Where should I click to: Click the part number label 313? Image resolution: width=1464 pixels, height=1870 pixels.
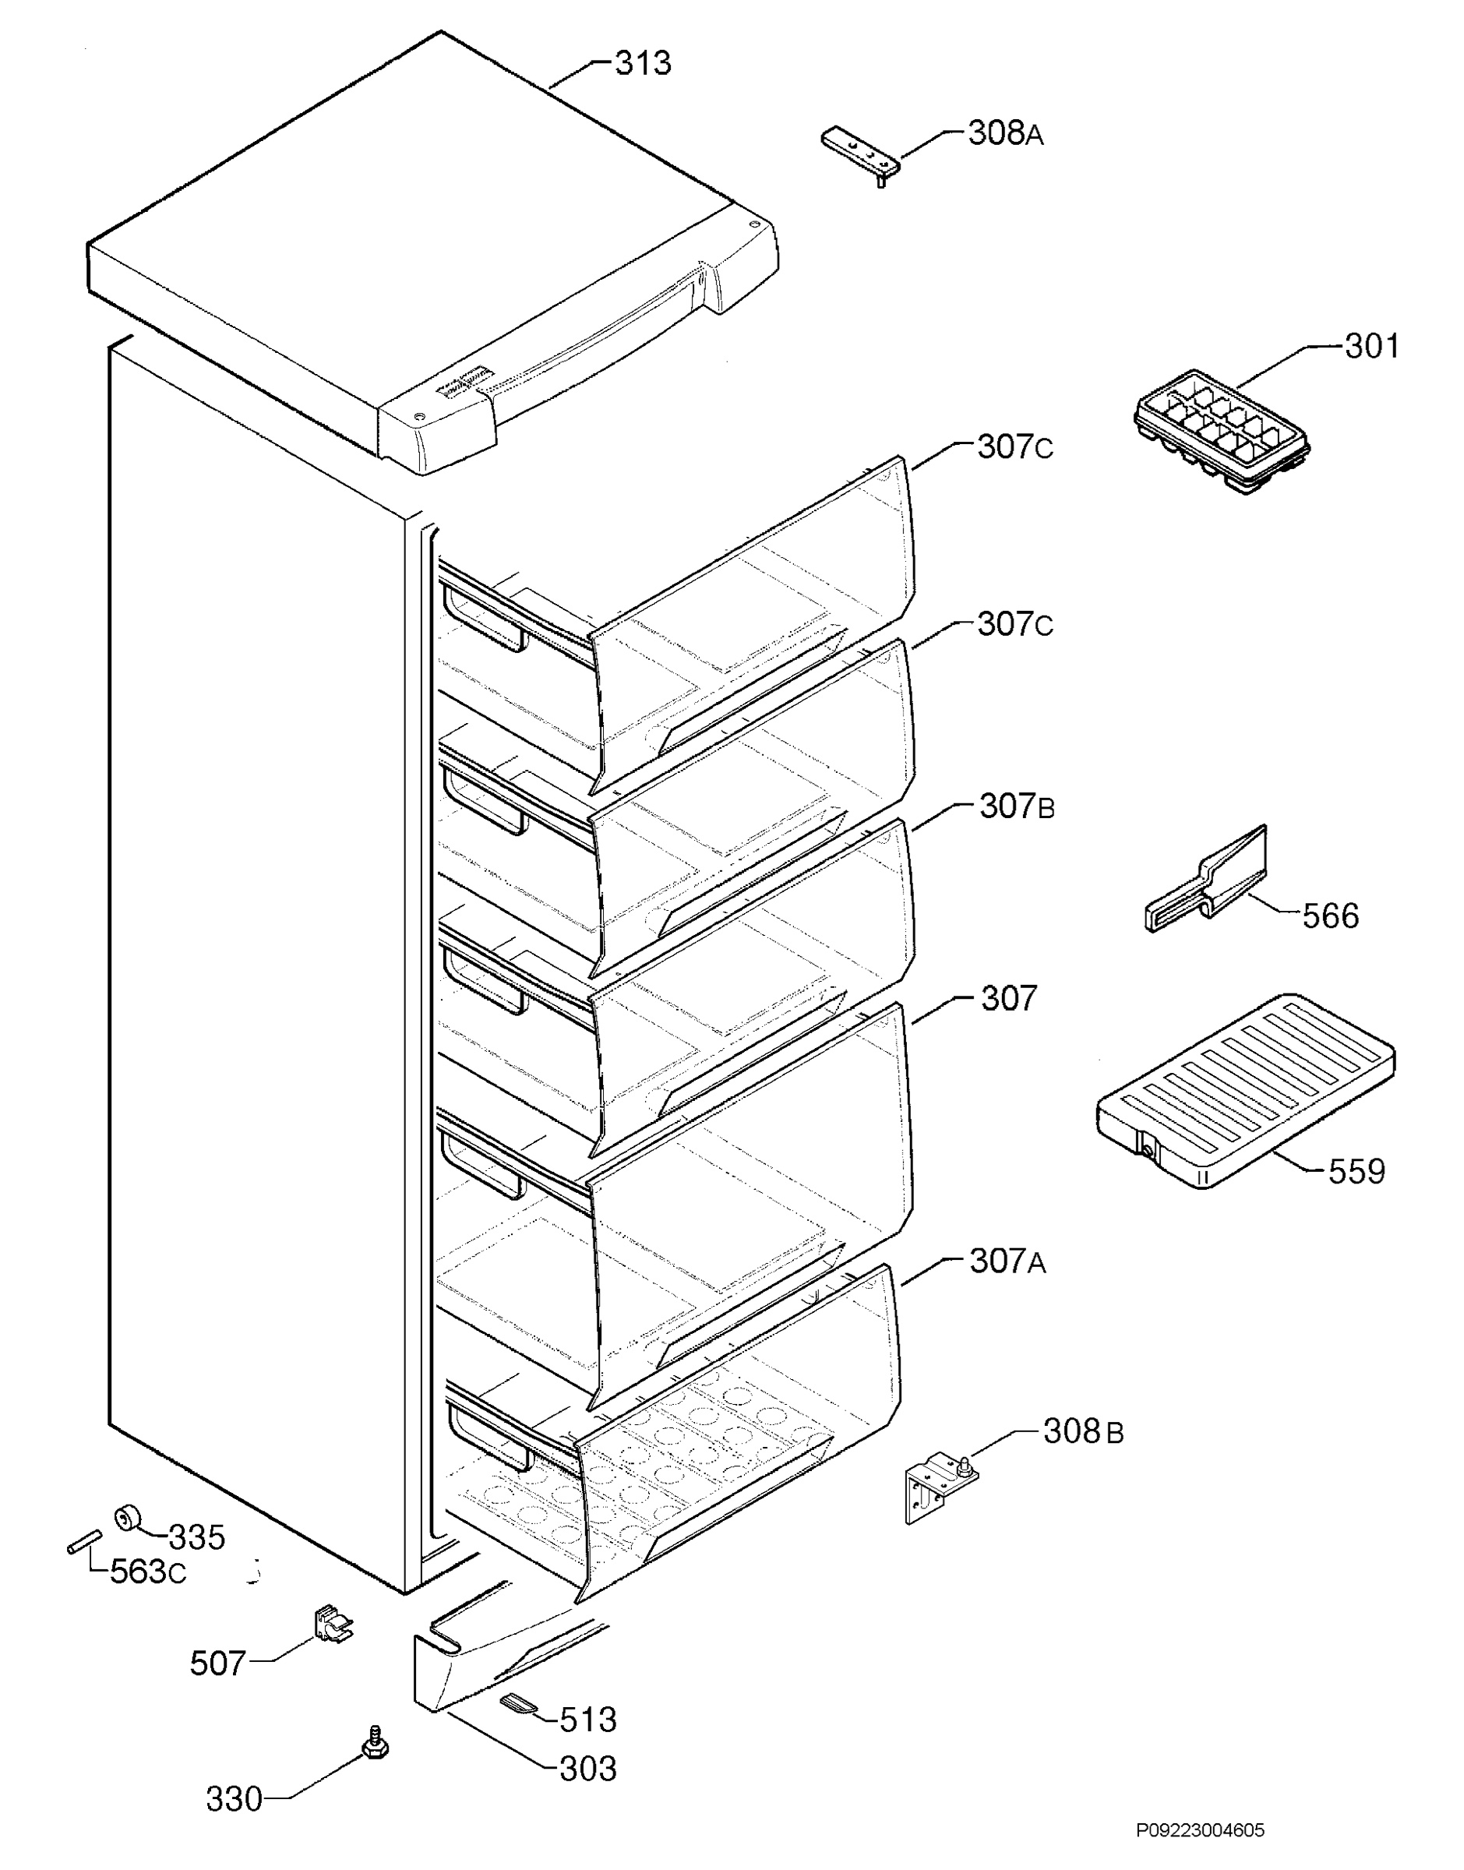tap(643, 63)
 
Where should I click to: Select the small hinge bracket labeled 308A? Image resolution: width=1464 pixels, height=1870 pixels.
tap(862, 155)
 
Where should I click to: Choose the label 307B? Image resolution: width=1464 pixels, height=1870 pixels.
tap(1018, 806)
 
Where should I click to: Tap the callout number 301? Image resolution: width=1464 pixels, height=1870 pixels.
tap(1372, 346)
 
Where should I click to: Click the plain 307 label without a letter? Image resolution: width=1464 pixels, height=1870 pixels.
tap(1009, 998)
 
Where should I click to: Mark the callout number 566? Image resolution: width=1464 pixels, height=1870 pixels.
tap(1331, 916)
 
